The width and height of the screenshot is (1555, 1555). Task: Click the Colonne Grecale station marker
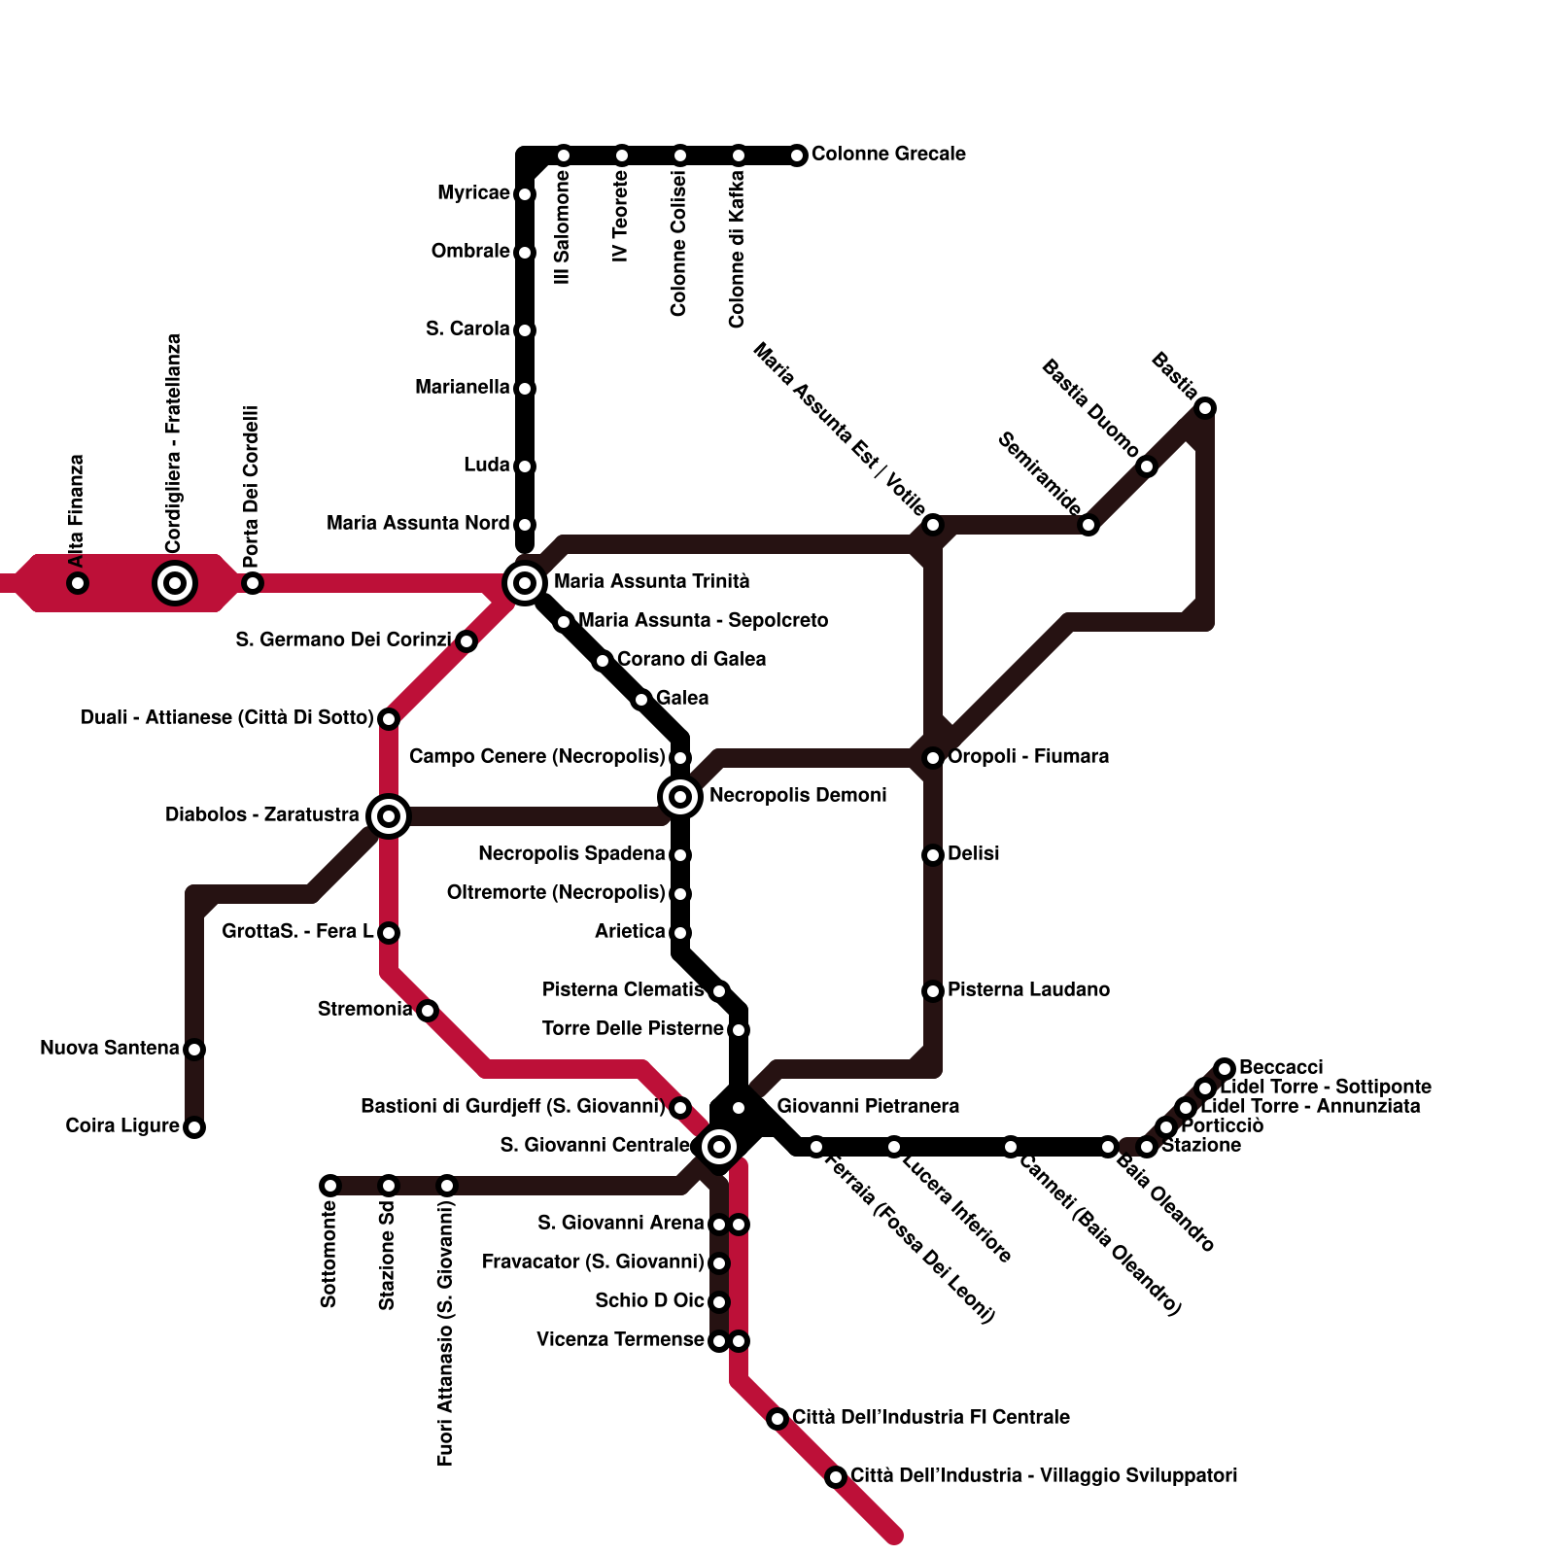(797, 155)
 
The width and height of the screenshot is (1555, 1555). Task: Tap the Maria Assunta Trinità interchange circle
(525, 583)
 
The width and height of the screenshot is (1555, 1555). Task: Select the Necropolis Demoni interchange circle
(680, 797)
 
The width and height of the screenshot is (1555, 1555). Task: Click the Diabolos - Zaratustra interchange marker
(389, 816)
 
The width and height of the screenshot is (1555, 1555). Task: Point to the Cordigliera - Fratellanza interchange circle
(175, 583)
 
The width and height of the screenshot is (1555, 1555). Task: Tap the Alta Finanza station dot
(78, 583)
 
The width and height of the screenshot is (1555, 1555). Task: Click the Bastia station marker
(1205, 408)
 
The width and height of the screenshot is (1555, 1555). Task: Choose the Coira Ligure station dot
(194, 1127)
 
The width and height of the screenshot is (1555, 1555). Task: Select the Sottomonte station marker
(330, 1186)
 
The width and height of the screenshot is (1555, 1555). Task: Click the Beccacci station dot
(1226, 1069)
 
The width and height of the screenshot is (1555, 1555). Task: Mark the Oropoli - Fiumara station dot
(933, 758)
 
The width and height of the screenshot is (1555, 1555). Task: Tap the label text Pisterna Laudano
(1028, 990)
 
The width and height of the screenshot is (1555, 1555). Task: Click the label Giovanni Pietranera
(868, 1107)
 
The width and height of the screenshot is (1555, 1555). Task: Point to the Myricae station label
(473, 193)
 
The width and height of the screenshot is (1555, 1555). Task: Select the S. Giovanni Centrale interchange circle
(719, 1147)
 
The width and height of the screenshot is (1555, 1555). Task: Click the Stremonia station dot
(428, 1011)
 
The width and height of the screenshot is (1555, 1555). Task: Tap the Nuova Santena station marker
(194, 1050)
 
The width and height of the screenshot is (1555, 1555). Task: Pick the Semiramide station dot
(1088, 525)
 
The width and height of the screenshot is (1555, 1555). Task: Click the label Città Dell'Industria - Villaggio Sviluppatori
(1044, 1476)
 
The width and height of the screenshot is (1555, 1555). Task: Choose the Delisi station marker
(933, 855)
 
